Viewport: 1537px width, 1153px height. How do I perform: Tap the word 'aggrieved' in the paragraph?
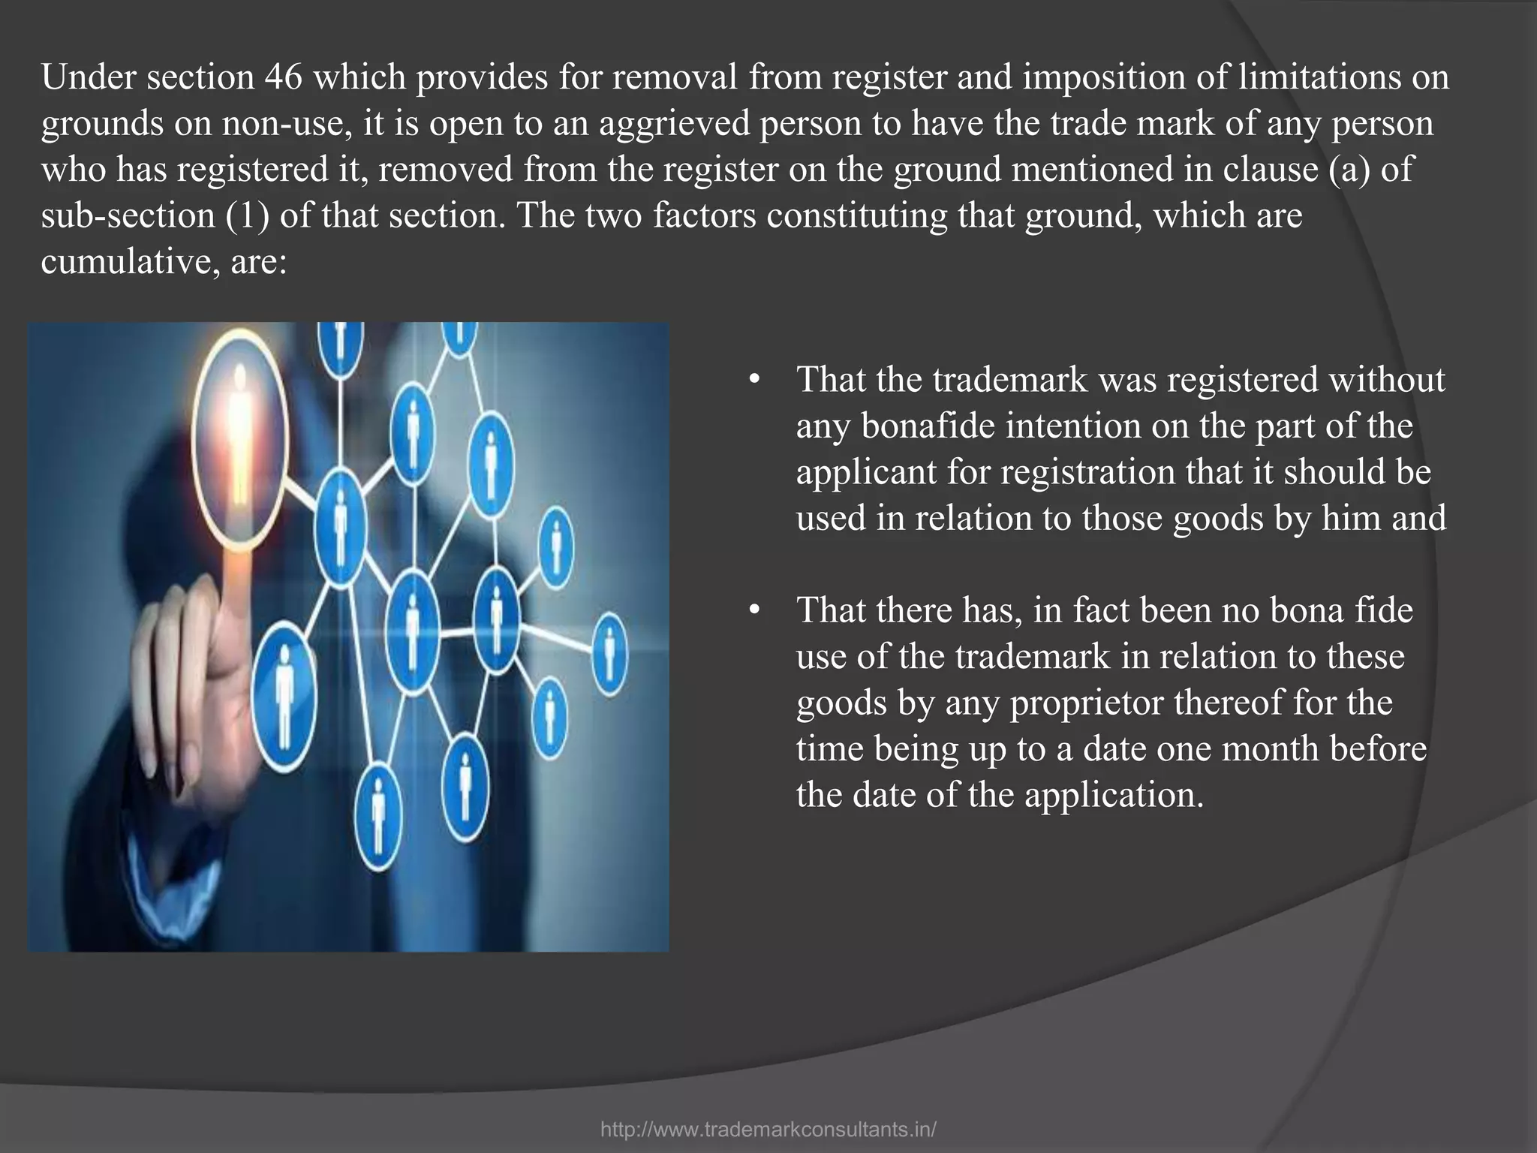coord(675,124)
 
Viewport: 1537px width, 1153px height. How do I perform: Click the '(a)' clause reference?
coord(1349,170)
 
